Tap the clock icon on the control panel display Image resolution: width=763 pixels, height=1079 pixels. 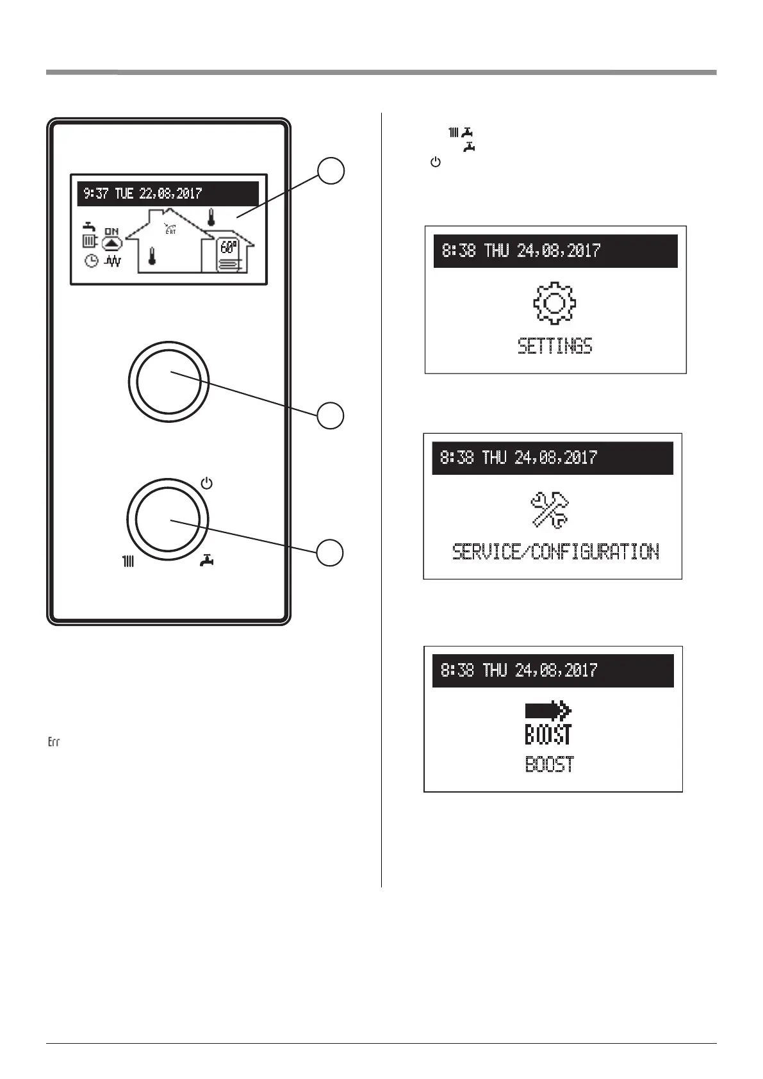click(x=92, y=261)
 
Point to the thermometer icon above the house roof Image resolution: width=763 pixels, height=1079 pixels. click(x=210, y=218)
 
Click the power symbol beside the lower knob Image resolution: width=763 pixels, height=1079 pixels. click(x=206, y=483)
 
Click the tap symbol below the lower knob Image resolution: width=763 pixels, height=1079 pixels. click(x=206, y=561)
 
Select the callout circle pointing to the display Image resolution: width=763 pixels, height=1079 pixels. click(x=332, y=171)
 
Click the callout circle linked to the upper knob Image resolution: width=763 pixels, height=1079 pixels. click(x=332, y=415)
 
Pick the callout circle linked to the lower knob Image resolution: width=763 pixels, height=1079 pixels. click(x=332, y=552)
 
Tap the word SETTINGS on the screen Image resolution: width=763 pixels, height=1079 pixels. click(x=555, y=347)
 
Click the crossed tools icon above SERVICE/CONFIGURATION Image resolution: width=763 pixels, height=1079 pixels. click(x=551, y=511)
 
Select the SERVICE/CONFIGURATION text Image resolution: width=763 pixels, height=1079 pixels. click(x=555, y=552)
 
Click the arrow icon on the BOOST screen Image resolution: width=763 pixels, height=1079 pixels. click(x=548, y=711)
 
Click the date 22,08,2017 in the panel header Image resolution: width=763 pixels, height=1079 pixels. click(x=170, y=194)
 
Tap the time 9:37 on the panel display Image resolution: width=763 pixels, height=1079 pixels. click(x=96, y=194)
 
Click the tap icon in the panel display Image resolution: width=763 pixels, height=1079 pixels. click(x=90, y=226)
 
